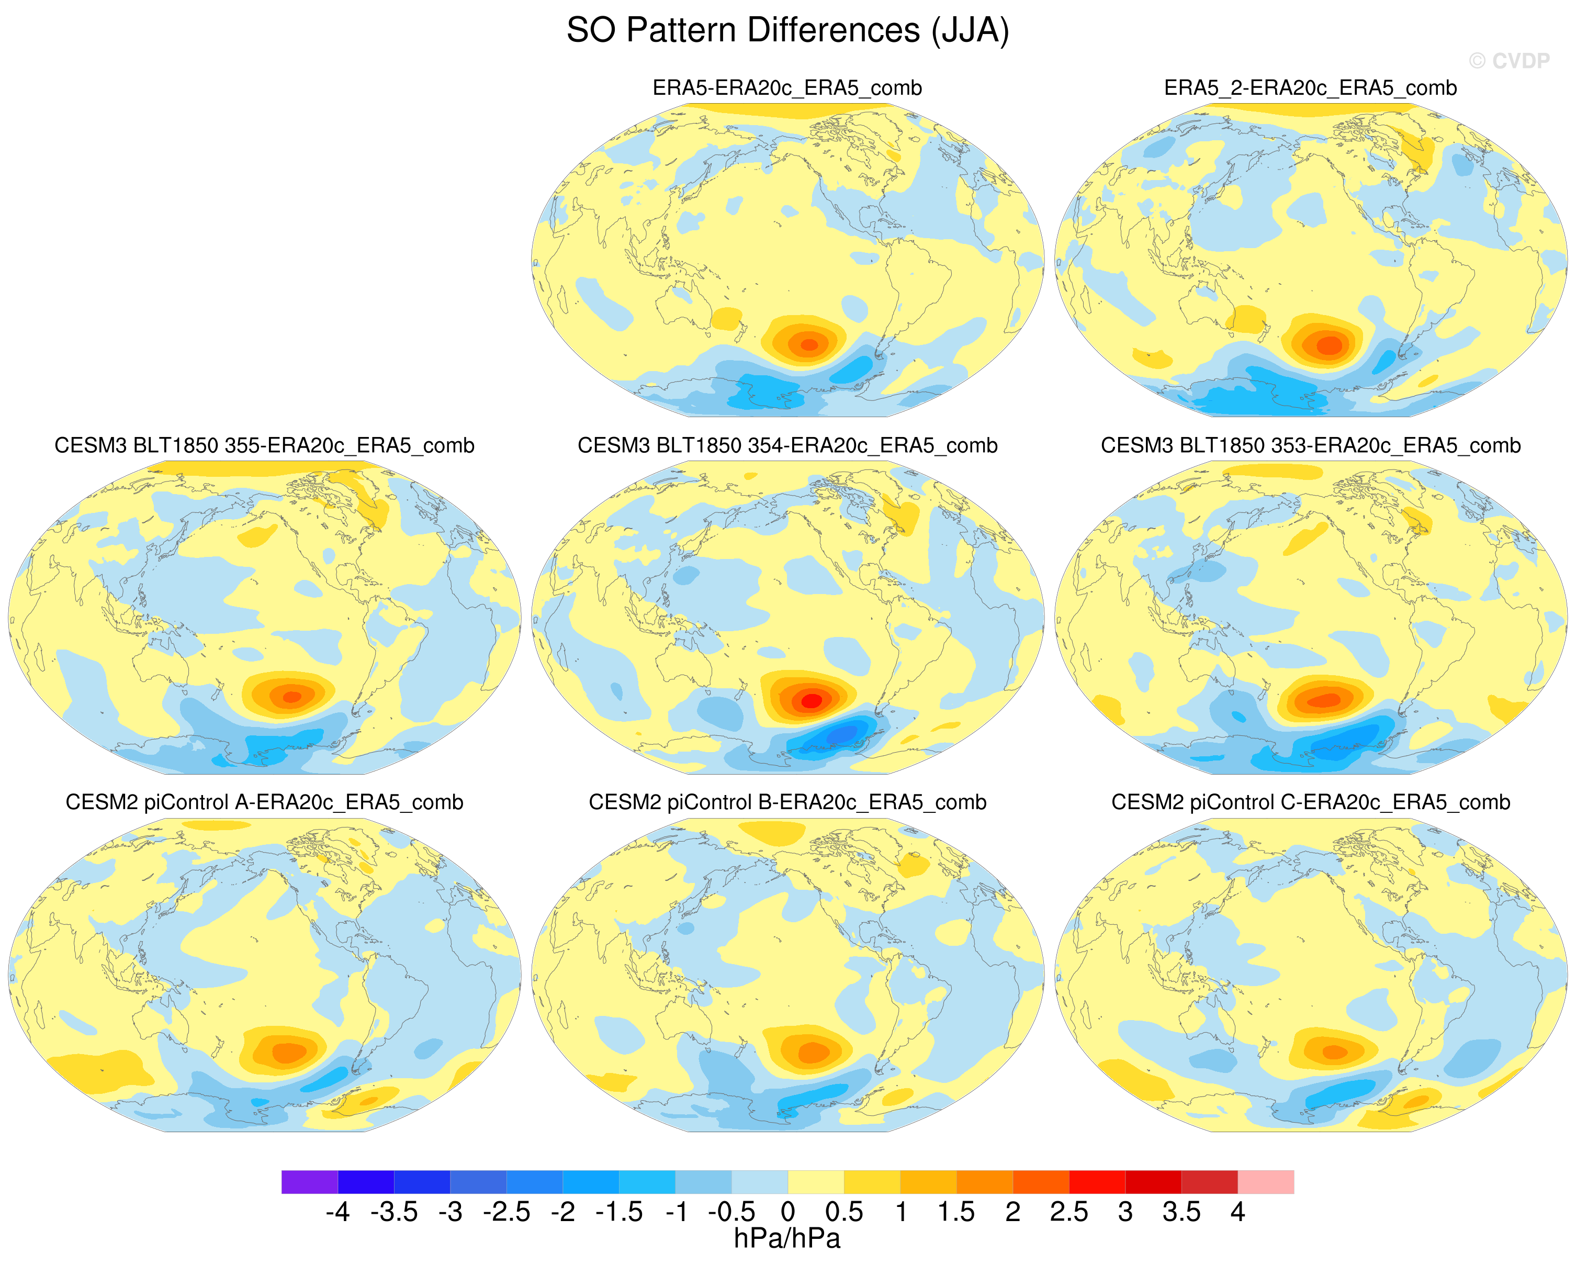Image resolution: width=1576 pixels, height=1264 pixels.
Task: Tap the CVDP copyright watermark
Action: [1510, 61]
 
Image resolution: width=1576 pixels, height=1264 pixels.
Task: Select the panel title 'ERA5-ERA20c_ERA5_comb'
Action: [787, 88]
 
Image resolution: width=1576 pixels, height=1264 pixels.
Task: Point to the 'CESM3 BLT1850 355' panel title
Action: [265, 445]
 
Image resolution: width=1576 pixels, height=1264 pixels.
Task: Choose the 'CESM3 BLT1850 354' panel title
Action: [787, 445]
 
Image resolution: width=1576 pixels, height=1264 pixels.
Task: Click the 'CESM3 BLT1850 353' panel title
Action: [1311, 445]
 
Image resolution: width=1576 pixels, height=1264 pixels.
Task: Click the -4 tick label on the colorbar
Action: [337, 1212]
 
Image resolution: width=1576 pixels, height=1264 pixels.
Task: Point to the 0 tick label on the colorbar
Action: [788, 1212]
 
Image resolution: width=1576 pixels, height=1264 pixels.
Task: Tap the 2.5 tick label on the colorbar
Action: [1068, 1212]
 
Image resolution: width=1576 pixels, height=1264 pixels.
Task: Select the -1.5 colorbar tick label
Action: [618, 1212]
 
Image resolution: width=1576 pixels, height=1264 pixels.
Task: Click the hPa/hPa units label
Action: [787, 1238]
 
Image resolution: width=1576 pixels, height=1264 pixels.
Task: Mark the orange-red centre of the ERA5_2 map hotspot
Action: [1329, 345]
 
